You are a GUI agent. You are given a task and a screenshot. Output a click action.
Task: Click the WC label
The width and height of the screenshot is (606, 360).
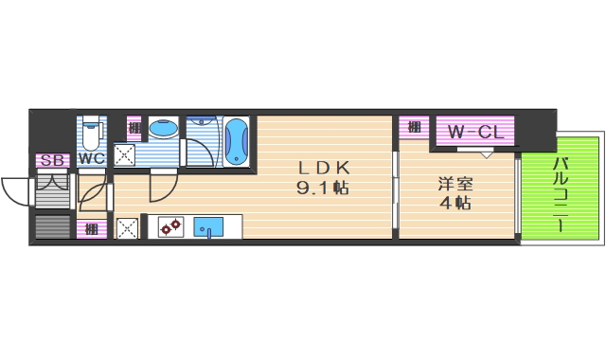pos(91,158)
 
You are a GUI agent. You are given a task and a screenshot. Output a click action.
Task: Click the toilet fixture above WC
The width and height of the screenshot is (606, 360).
pos(92,132)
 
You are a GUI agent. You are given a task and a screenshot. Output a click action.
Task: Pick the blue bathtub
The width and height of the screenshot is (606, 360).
pos(236,141)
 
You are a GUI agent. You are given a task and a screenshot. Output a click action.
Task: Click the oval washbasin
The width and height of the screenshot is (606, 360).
pos(164,130)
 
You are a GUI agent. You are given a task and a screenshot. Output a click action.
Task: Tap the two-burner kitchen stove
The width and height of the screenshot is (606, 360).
pos(170,227)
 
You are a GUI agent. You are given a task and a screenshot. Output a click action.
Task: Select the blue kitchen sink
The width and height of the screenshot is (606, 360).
pos(208,227)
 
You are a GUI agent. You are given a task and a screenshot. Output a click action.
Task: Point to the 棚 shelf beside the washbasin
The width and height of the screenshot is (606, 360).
pos(134,128)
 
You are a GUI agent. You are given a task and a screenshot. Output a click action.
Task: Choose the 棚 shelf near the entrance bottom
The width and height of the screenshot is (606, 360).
pos(91,228)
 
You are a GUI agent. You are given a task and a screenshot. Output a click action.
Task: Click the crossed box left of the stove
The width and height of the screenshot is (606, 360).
pos(127,227)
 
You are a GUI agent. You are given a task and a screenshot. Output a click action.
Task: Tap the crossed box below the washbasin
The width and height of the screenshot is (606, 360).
pos(125,155)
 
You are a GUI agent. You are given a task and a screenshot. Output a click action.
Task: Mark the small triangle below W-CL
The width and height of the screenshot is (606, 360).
pos(486,153)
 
